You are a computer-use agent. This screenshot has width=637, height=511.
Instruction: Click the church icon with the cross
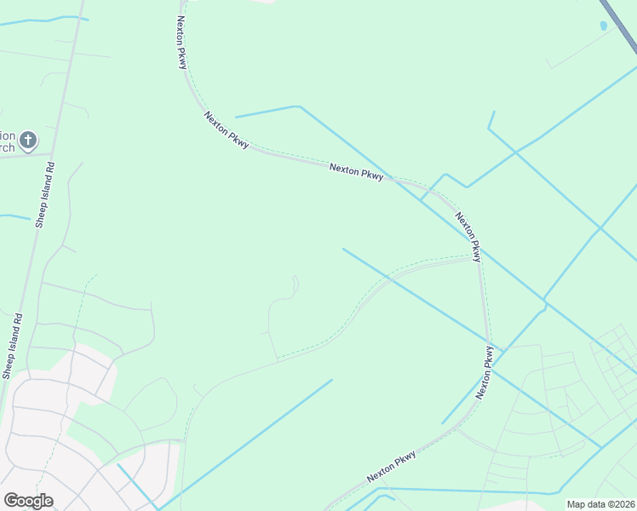28,139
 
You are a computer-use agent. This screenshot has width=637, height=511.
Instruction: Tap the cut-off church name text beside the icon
8,141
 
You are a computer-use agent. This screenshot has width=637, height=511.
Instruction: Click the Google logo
28,501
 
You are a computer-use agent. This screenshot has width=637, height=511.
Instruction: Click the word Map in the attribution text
576,504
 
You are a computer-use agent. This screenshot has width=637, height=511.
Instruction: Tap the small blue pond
604,26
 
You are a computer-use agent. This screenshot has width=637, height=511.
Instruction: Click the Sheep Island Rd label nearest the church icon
45,194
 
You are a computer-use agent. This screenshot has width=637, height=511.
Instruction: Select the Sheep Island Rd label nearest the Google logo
12,346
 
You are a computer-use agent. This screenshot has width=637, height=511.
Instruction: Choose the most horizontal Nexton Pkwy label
357,172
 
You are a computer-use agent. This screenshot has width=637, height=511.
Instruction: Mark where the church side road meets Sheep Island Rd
53,156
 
